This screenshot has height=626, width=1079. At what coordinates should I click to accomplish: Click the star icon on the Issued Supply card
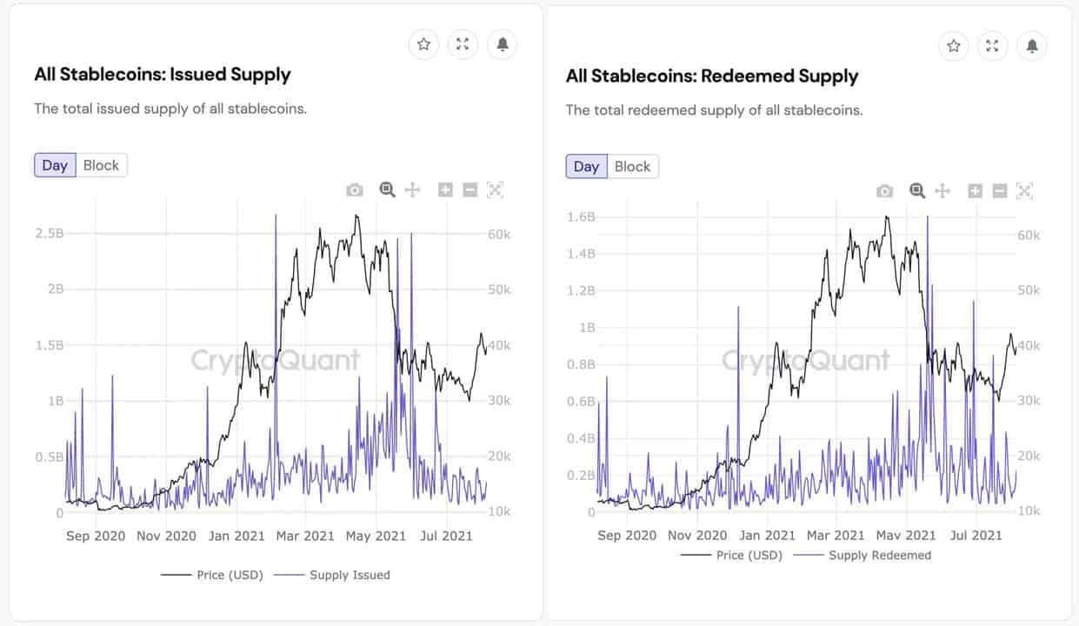423,44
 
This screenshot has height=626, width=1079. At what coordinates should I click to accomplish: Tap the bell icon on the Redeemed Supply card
1031,45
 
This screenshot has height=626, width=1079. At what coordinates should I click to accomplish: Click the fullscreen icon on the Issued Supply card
463,44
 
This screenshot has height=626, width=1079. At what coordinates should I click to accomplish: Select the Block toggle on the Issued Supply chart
101,165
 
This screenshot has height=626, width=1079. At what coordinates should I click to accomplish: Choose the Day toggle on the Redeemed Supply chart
586,167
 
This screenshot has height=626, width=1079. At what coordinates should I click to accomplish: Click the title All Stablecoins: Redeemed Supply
711,77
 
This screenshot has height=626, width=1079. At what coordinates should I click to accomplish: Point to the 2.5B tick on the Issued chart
50,234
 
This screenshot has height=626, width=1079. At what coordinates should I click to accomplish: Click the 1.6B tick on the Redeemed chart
581,216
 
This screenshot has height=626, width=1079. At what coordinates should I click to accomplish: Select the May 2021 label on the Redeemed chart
906,536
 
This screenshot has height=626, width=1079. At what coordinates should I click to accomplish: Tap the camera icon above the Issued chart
355,190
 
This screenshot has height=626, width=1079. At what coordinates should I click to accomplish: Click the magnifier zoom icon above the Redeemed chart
916,190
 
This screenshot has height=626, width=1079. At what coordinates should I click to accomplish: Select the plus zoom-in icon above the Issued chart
445,190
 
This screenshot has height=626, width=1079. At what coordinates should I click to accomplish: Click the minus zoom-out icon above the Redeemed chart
1000,190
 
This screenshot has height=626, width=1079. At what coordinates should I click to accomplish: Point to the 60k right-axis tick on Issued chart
499,234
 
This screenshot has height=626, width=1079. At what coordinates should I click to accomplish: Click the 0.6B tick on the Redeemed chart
581,401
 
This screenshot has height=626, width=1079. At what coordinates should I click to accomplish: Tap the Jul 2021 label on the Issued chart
446,536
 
